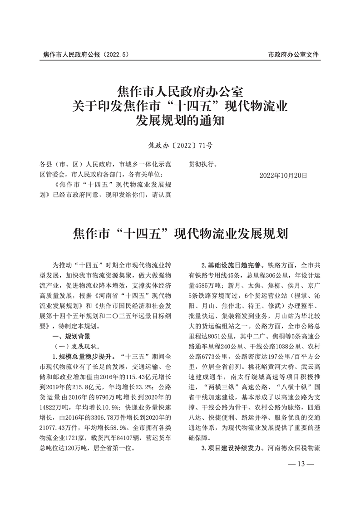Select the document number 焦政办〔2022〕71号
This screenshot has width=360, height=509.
180,146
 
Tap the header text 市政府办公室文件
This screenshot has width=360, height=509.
293,54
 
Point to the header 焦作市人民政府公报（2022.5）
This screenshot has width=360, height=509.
86,54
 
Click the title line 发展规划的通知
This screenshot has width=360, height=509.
180,121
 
